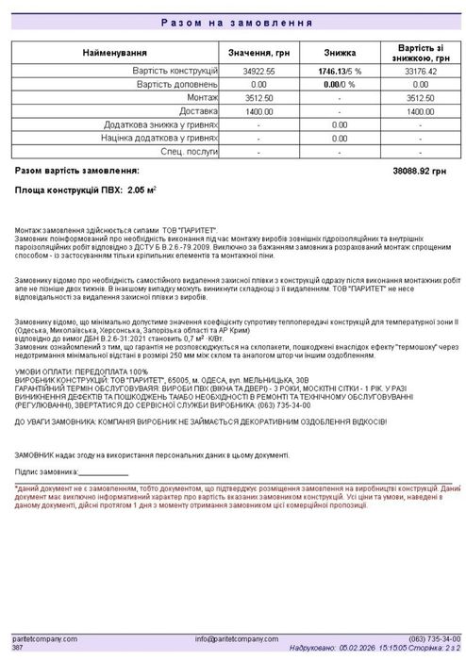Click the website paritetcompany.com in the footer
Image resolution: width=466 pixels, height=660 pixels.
click(x=44, y=639)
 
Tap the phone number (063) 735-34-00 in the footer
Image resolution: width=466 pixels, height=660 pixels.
click(x=433, y=639)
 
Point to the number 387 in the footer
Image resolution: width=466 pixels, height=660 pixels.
click(x=17, y=648)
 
